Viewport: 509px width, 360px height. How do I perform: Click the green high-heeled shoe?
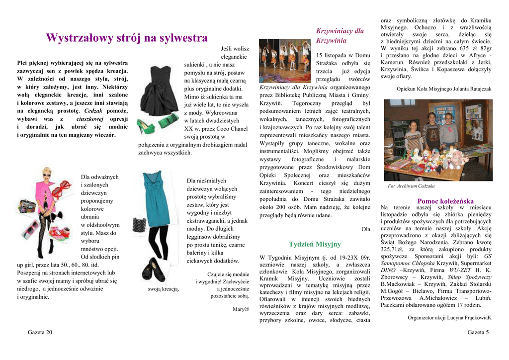(x=146, y=127)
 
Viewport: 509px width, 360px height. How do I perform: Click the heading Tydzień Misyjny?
(x=315, y=244)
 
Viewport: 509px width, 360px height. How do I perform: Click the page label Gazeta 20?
(x=40, y=332)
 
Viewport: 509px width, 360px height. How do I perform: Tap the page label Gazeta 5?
(x=478, y=332)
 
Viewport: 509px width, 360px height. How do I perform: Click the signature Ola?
(x=366, y=229)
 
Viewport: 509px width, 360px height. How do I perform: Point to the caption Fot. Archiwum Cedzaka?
(x=411, y=186)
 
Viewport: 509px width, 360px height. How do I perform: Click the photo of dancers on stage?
(x=285, y=60)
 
